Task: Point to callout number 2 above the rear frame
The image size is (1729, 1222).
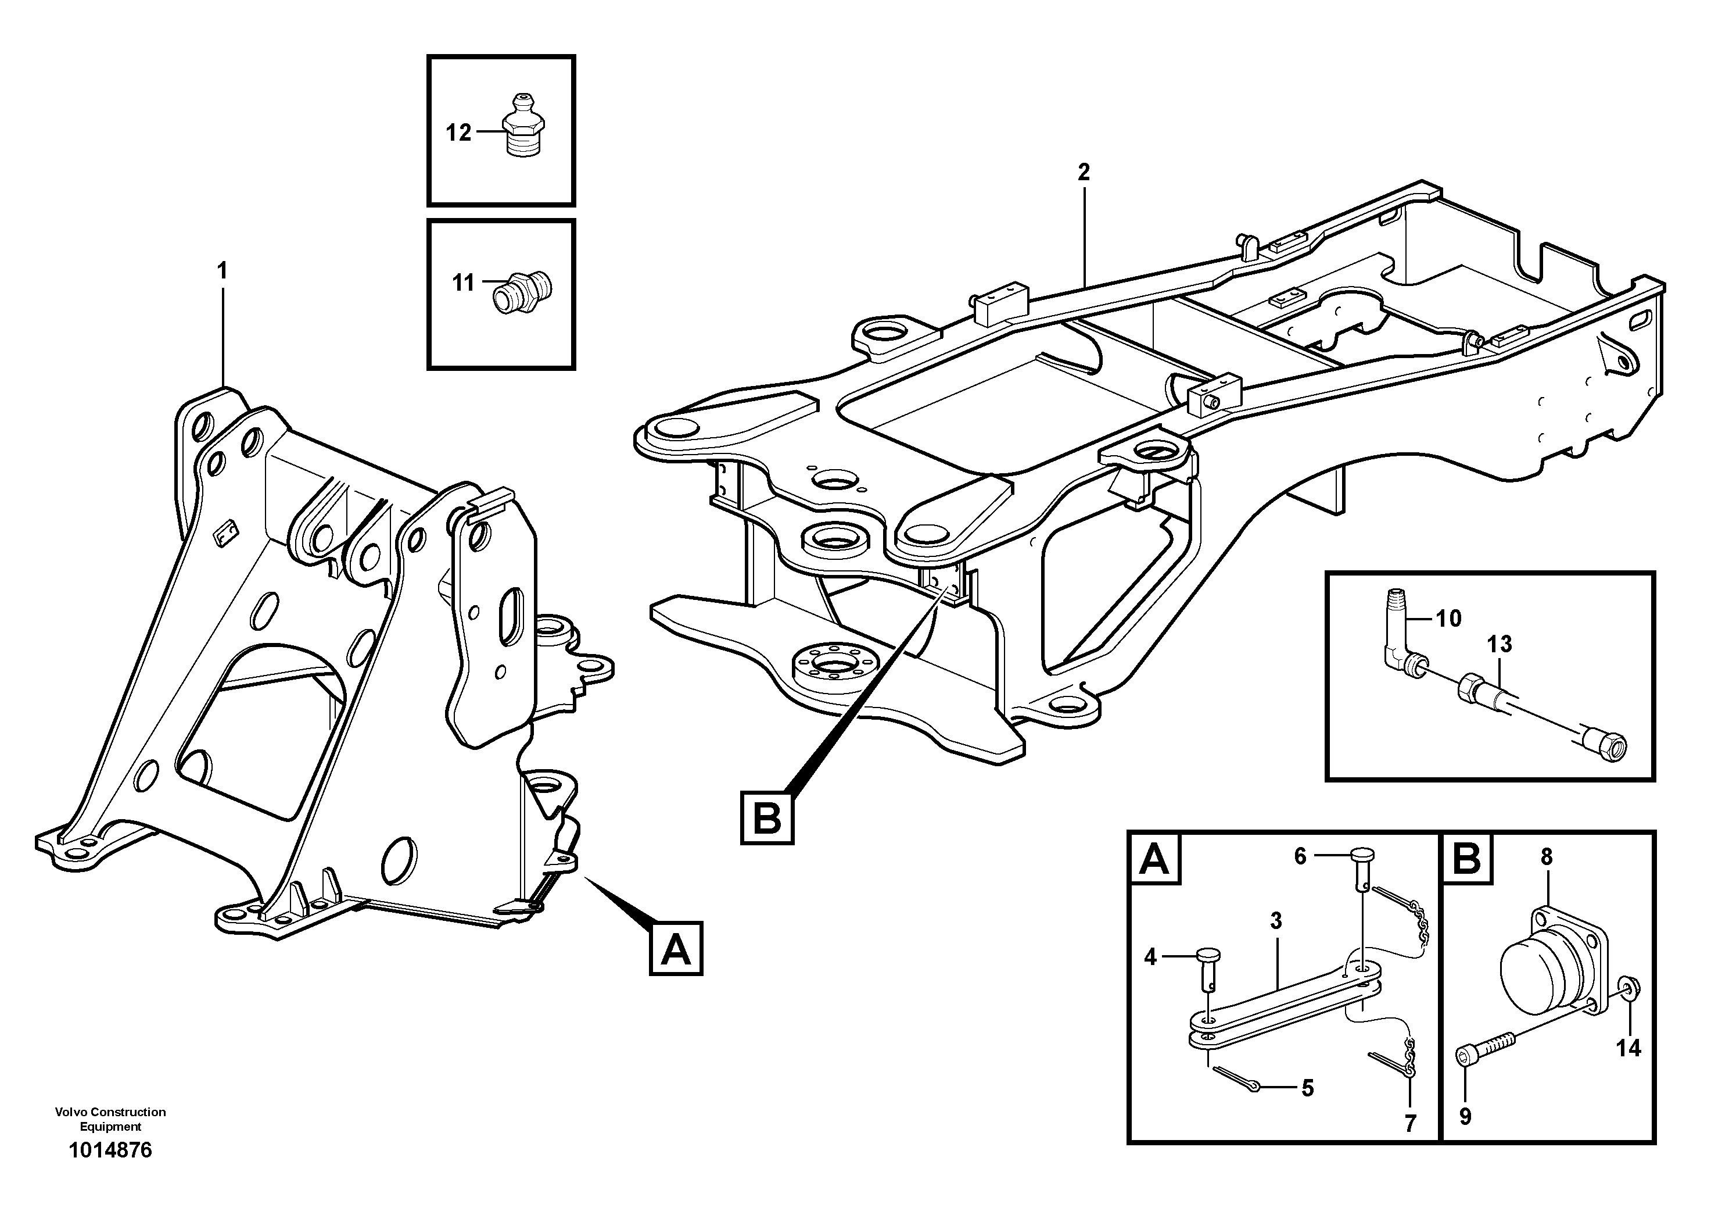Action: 1083,173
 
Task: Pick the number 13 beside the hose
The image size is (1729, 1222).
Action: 1498,644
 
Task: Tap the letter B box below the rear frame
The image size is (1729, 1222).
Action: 766,817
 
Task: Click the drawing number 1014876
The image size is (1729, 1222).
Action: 110,1150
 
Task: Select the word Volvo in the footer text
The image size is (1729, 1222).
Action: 69,1112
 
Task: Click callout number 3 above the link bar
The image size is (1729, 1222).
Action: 1276,921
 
